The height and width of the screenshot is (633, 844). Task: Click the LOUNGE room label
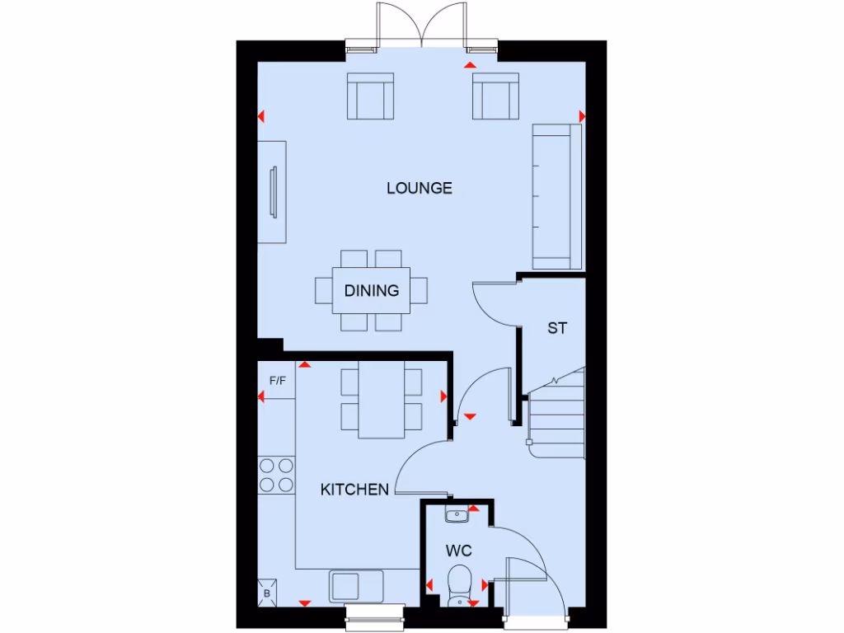pos(420,188)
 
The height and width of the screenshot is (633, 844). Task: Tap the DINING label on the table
pos(372,290)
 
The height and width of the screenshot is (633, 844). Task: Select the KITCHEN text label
pos(354,490)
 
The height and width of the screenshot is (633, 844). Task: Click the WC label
pos(459,550)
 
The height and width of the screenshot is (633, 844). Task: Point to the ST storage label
pos(557,328)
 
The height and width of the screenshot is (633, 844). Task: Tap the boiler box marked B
pos(267,592)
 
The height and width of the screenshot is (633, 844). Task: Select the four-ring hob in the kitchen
pos(276,475)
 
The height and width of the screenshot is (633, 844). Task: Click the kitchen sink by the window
pos(356,586)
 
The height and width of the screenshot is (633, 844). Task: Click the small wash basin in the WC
pos(457,515)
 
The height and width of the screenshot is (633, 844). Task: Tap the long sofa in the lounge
pos(557,196)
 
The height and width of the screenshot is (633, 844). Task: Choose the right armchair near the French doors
pos(495,96)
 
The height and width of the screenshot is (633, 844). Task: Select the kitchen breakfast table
pos(382,402)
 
